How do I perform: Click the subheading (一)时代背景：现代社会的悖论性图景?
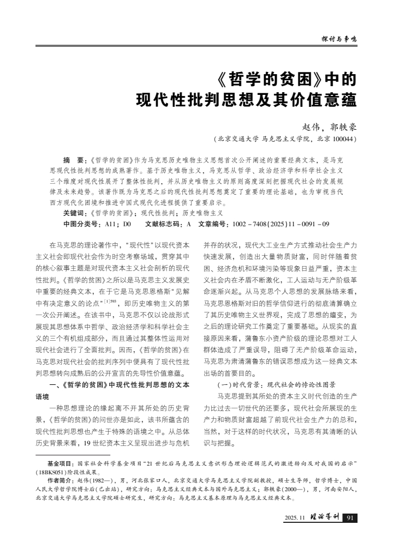coord(277,384)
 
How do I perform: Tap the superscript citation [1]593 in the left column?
coord(114,300)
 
